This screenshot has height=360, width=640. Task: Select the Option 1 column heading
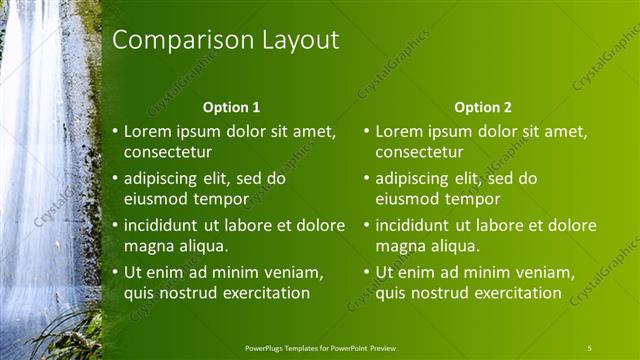231,106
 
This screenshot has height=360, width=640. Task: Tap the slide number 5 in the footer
589,347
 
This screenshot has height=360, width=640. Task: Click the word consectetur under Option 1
167,152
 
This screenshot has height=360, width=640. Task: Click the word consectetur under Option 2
419,152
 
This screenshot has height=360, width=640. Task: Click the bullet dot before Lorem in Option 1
115,131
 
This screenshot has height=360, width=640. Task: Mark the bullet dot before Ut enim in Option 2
367,272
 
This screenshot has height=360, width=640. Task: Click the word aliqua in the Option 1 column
201,245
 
